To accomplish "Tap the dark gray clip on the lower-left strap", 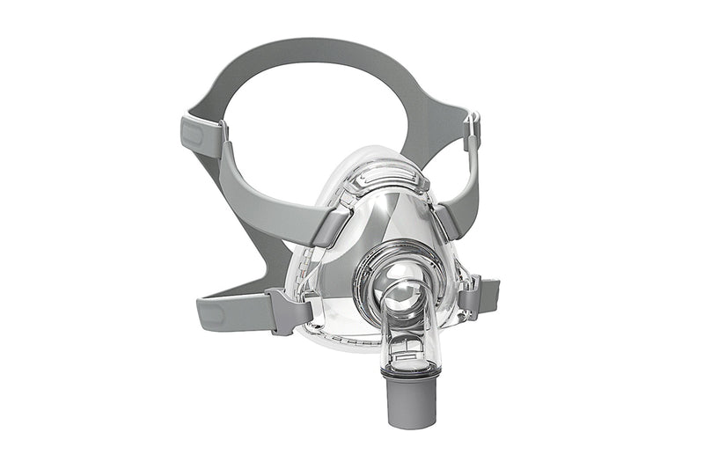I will pyautogui.click(x=286, y=310).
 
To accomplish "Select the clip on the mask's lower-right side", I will pyautogui.click(x=468, y=295).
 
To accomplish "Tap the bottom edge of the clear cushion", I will pyautogui.click(x=352, y=340).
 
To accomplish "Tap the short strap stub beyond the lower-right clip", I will pyautogui.click(x=489, y=290).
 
